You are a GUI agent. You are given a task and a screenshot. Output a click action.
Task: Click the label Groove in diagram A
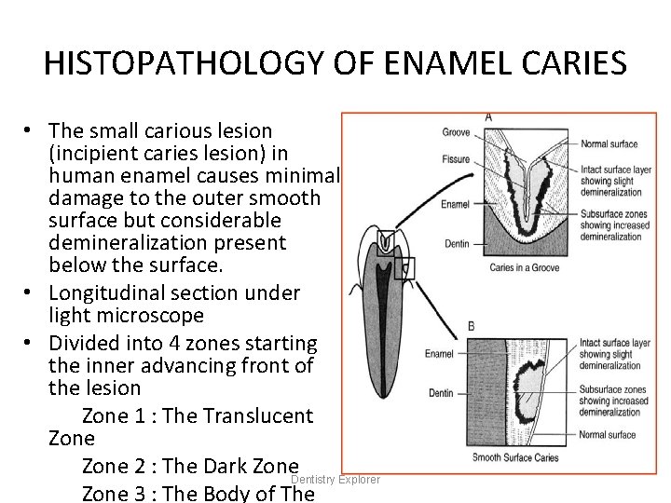coord(455,132)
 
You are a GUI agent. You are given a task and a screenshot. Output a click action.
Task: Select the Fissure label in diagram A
coord(455,158)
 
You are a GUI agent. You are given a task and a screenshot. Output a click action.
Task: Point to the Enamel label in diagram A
coord(455,202)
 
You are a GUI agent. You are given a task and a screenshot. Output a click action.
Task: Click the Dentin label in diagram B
coord(441,393)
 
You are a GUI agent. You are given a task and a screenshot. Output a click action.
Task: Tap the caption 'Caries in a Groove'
coord(525,267)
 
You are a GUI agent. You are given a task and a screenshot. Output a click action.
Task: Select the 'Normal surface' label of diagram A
coord(609,143)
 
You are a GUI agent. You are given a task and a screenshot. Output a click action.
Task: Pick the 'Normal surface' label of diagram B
coord(608,435)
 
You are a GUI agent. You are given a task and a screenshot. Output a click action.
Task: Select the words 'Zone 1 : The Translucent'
coord(198,415)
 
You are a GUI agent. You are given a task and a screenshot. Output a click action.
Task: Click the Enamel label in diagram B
coord(439,354)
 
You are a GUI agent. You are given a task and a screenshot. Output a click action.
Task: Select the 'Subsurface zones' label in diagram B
coord(611,389)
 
